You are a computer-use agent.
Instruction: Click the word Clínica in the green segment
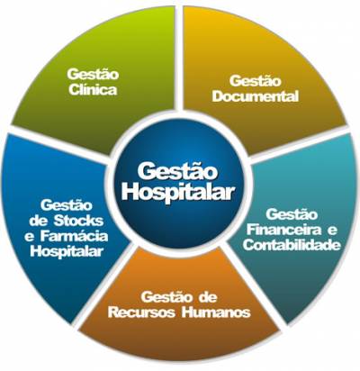tap(93, 90)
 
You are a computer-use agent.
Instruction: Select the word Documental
tap(256, 96)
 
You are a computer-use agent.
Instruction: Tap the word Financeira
tap(283, 231)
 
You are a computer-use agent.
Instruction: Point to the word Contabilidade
tap(292, 245)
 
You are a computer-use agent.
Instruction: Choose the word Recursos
tap(141, 312)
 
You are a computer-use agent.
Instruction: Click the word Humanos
tap(216, 312)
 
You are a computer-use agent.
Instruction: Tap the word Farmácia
tap(74, 236)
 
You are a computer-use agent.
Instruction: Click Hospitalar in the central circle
tap(178, 192)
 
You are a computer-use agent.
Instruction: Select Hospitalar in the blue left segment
tap(67, 251)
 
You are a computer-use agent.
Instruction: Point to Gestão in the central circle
tap(177, 172)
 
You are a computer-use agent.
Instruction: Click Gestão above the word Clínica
tap(93, 75)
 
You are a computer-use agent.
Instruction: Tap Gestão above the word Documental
tap(256, 81)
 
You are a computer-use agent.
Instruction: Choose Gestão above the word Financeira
tap(292, 214)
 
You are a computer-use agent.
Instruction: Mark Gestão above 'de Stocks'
tap(67, 205)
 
